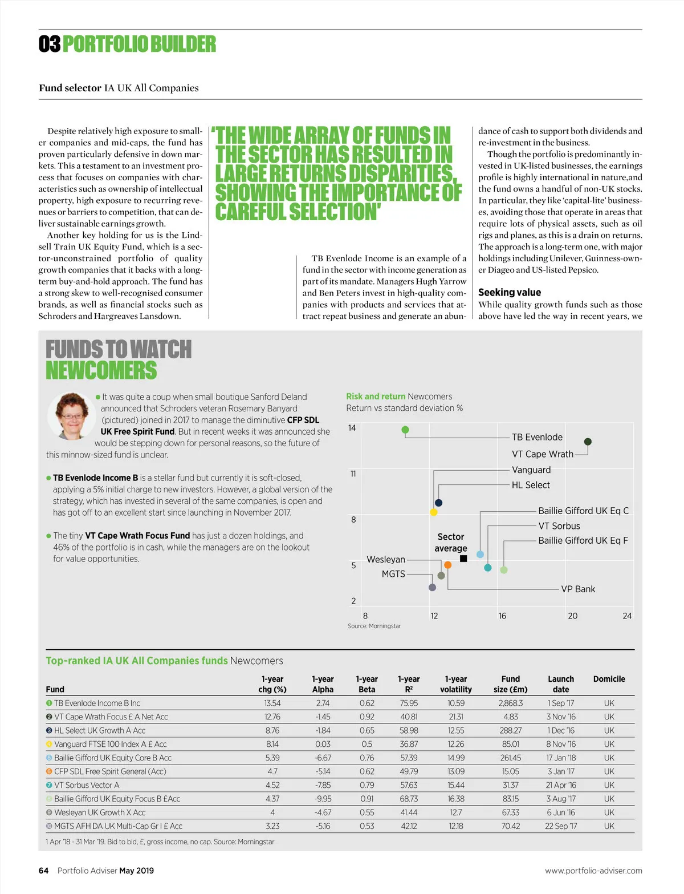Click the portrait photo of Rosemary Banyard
pos(71,415)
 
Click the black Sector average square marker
pos(463,559)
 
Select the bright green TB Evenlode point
pos(405,430)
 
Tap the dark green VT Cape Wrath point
pos(588,442)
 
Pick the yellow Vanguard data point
pos(434,512)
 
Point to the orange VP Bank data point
pos(448,565)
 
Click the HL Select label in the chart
pos(531,485)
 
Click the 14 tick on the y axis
pos(352,428)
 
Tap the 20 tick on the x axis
pos(572,616)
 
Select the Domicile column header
pos(609,679)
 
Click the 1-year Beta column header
pos(367,684)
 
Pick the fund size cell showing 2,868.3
pos(510,703)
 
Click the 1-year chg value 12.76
pos(272,717)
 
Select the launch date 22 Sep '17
pos(561,826)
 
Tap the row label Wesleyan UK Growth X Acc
pos(100,812)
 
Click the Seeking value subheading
pos(509,293)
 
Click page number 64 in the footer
pos(43,871)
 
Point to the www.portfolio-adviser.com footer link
pos(593,871)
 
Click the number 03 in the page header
pos(50,44)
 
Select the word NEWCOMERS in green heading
pos(101,371)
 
